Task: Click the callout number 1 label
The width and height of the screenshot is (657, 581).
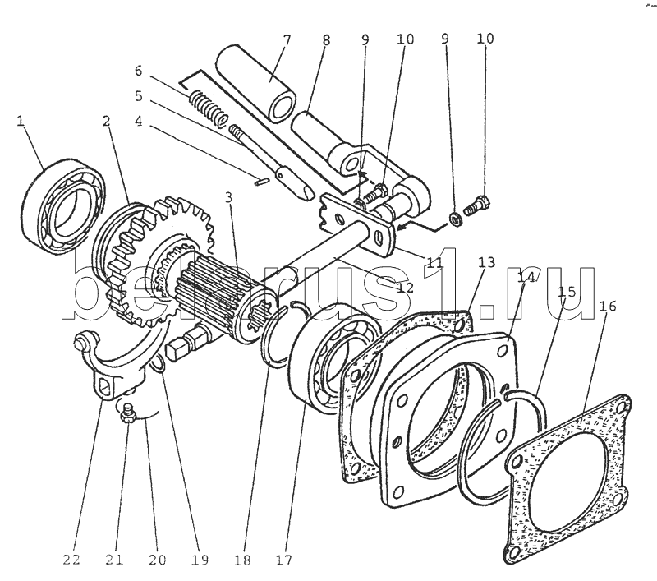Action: [x=21, y=121]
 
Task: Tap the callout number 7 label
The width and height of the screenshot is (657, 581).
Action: [x=287, y=40]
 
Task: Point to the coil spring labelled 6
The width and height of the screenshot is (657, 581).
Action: [x=209, y=108]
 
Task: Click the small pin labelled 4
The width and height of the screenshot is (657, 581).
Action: [x=262, y=182]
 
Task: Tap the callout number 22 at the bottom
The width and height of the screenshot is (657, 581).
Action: [x=71, y=560]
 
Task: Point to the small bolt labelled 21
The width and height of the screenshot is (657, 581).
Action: [x=126, y=412]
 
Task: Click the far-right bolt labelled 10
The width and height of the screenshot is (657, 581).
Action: [x=477, y=206]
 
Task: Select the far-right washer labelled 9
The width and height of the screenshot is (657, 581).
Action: [x=455, y=219]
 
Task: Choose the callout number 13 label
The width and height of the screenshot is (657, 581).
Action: [x=486, y=262]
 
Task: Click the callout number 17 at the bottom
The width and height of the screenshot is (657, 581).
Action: [x=283, y=560]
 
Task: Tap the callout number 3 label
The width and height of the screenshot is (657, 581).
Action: [x=228, y=197]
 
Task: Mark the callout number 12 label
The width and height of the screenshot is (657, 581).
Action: [x=404, y=288]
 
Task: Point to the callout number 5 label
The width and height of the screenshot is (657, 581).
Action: [x=138, y=96]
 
